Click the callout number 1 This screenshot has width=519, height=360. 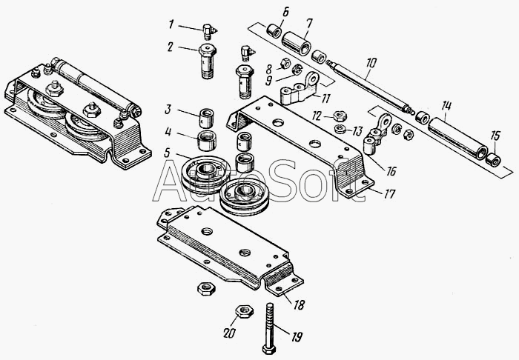171,25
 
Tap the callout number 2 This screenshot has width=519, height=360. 171,46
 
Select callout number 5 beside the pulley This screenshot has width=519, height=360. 170,153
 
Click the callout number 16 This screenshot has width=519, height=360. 391,170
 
